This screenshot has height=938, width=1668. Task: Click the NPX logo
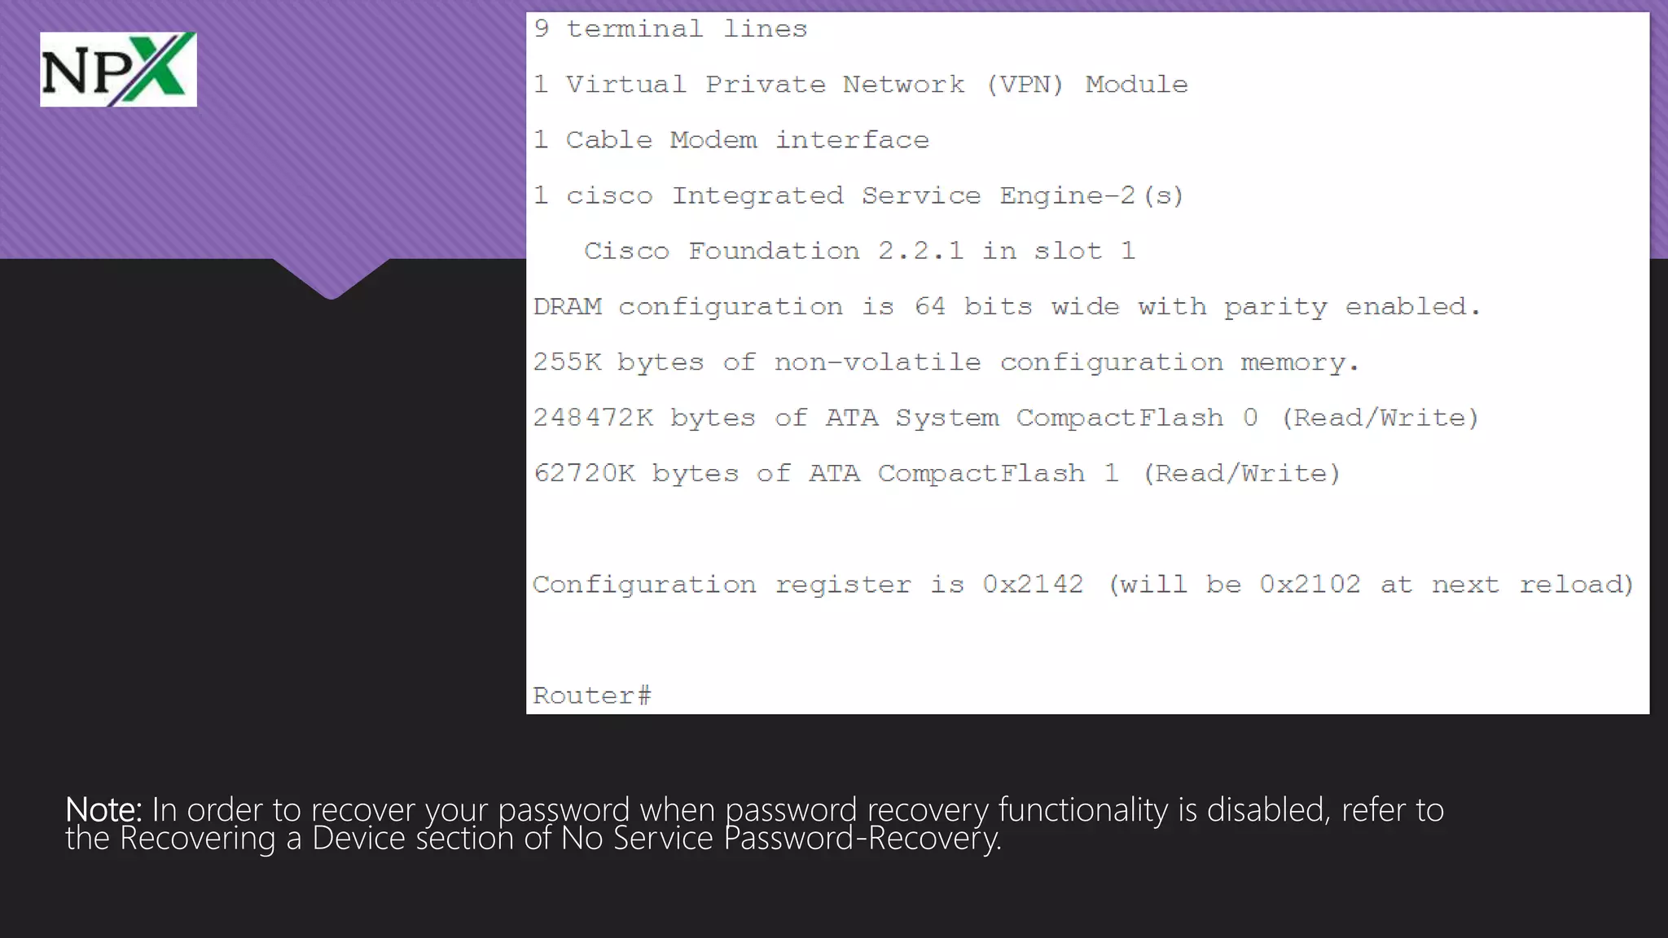point(118,69)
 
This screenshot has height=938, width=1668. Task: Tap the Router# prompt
point(592,695)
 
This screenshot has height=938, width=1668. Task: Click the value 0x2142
point(1033,584)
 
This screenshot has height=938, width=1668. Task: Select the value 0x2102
point(1310,584)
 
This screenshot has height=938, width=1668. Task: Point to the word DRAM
point(568,306)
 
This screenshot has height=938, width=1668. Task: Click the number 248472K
point(593,418)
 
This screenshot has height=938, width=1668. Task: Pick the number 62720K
point(584,473)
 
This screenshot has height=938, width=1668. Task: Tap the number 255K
point(567,362)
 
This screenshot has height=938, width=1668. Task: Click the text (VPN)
point(1025,85)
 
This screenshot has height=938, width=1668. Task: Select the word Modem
point(713,140)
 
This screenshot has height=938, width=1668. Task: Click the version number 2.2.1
point(920,251)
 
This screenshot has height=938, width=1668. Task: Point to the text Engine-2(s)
point(1091,195)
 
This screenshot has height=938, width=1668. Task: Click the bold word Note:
point(103,809)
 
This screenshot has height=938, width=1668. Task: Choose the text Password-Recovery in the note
point(862,839)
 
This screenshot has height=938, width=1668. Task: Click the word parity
point(1275,307)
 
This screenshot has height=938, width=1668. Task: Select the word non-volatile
point(877,362)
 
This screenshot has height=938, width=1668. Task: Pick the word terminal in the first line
point(634,29)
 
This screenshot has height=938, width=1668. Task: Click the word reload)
point(1577,584)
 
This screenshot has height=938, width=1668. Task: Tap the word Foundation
point(774,251)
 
